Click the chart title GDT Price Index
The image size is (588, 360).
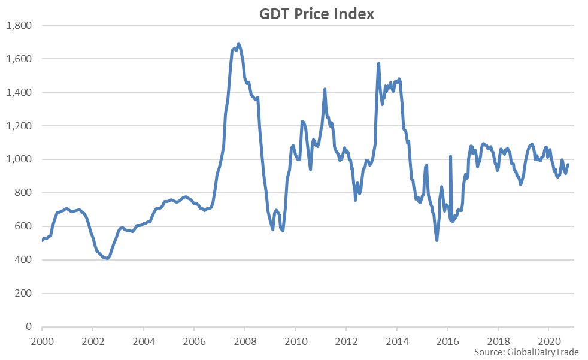point(316,13)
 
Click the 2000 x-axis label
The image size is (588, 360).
point(42,340)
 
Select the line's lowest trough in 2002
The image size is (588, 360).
point(107,259)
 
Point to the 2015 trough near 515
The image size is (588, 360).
point(437,240)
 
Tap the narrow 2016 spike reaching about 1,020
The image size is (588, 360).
point(450,156)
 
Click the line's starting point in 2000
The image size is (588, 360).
point(42,241)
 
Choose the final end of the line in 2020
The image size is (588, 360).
point(568,165)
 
